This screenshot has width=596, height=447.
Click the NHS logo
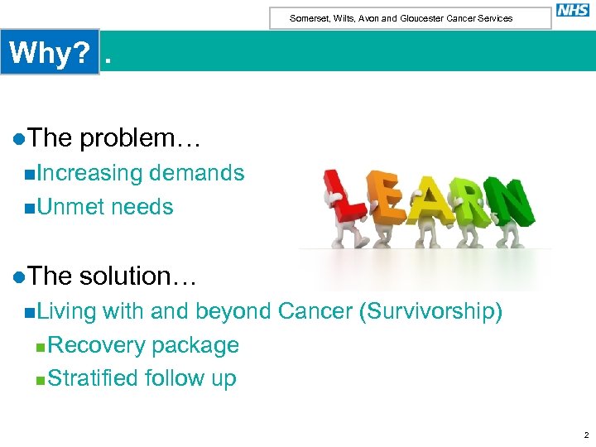coord(573,10)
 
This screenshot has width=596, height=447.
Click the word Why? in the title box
coord(50,53)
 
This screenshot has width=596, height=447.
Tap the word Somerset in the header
coord(309,18)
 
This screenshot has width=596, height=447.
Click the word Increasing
coord(89,173)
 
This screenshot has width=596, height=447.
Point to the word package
coord(196,345)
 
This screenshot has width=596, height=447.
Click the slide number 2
coord(585,435)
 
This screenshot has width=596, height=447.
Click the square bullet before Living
coord(30,312)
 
